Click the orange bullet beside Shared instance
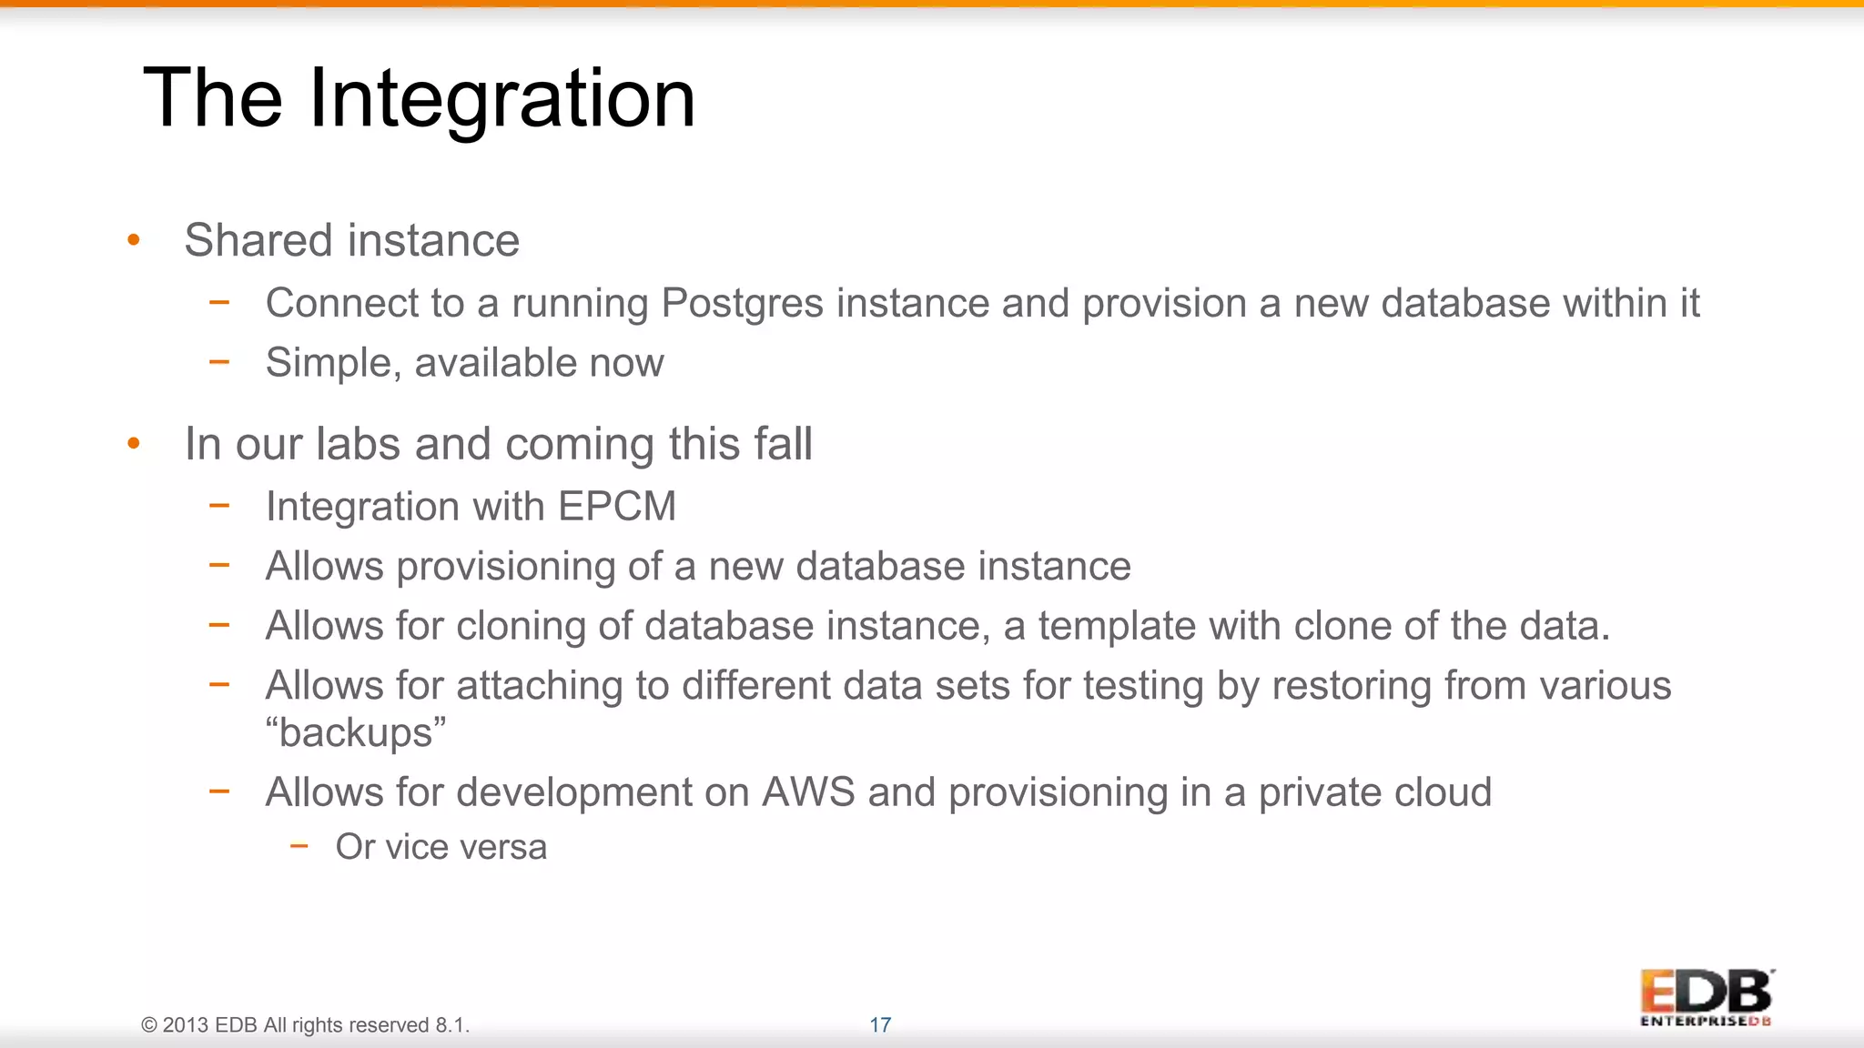(134, 240)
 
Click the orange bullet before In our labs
(134, 444)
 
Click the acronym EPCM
(617, 507)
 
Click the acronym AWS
(808, 792)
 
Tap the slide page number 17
(880, 1025)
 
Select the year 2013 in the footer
(186, 1025)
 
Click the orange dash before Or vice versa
(299, 847)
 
